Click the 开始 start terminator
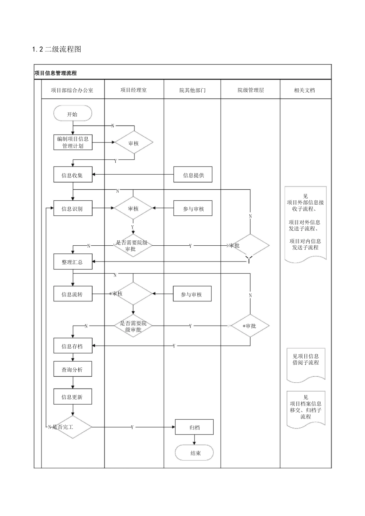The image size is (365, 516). pos(73,114)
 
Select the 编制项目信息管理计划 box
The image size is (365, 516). pos(73,142)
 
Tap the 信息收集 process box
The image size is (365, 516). pos(73,175)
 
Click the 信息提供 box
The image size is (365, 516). pos(193,175)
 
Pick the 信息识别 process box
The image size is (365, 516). pos(73,208)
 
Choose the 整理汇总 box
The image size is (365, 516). pos(73,262)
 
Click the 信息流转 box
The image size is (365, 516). pos(73,294)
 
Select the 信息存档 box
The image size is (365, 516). pos(73,346)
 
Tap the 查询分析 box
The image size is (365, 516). pos(73,369)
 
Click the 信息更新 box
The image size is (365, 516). pos(73,397)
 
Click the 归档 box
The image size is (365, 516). pos(194,427)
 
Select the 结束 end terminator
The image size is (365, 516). pos(194,453)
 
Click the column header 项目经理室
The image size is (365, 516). pos(133,90)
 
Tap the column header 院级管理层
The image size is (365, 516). pos(251,90)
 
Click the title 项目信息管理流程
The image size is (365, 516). pos(56,73)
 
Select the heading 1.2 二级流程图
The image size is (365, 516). pos(56,49)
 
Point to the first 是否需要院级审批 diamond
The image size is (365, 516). pos(133,246)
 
